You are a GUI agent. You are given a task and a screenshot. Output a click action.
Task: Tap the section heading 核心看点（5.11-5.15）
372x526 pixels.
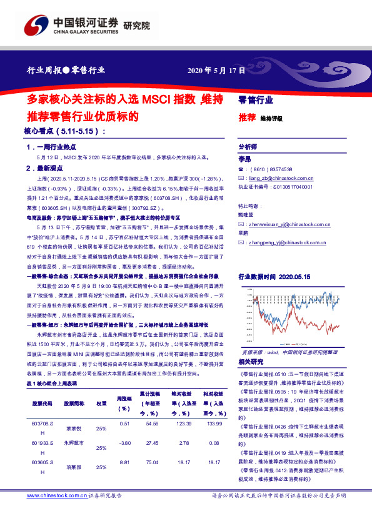[x=65, y=132]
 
